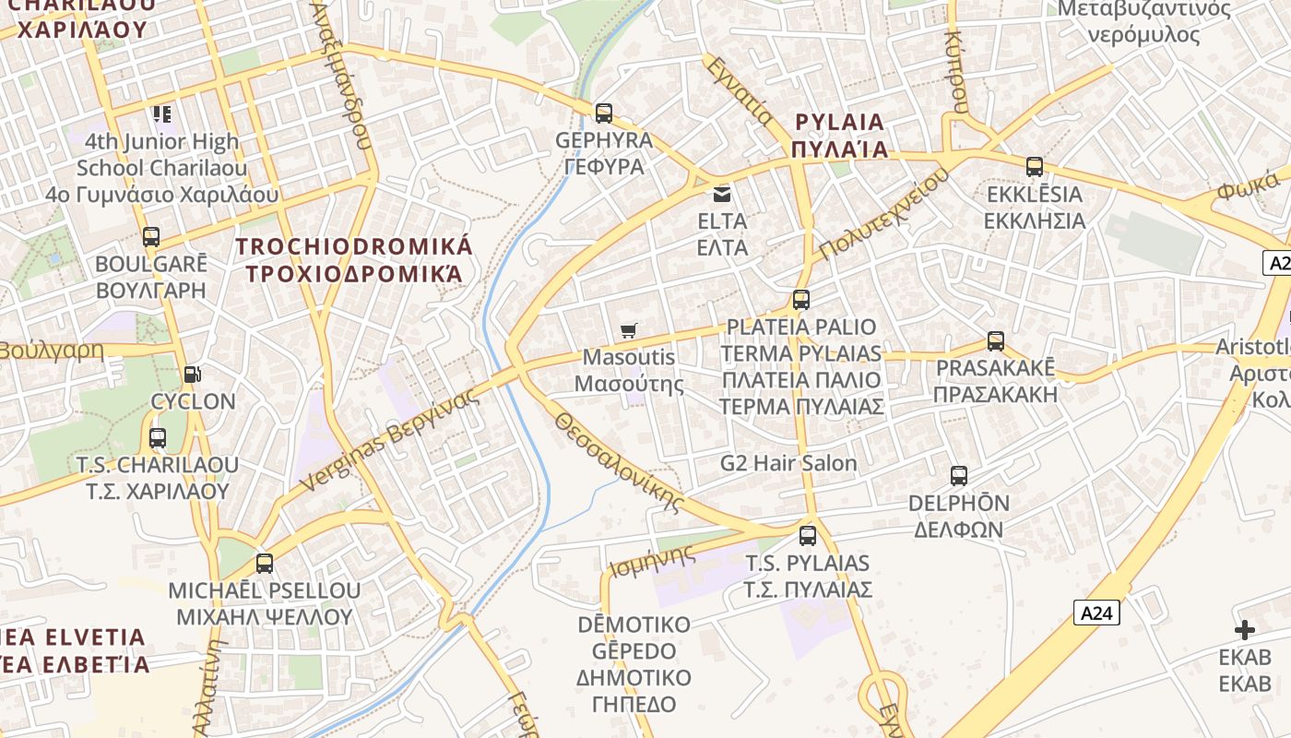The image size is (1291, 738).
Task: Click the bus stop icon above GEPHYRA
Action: tap(604, 113)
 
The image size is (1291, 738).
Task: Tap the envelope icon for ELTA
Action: tap(721, 195)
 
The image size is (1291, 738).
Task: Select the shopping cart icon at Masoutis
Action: tap(630, 330)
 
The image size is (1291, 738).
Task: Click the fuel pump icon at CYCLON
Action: tap(193, 375)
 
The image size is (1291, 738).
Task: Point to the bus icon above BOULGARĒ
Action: tap(151, 237)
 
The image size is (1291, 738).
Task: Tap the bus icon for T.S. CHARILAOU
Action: tap(158, 438)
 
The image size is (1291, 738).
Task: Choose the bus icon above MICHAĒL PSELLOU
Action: tap(265, 563)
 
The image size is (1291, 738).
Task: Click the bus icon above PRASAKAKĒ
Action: tap(996, 341)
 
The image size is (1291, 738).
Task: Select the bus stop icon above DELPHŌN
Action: tap(959, 476)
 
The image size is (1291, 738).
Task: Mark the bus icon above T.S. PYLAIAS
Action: tap(808, 535)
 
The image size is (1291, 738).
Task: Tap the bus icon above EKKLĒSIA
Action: tap(1035, 167)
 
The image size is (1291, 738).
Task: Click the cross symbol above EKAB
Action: tap(1245, 630)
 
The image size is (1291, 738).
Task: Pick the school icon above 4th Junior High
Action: tap(162, 114)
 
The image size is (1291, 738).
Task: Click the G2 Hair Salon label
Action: tap(788, 463)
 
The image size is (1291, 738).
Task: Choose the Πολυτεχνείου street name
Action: tap(883, 215)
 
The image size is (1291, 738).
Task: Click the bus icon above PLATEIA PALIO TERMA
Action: tap(801, 300)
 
